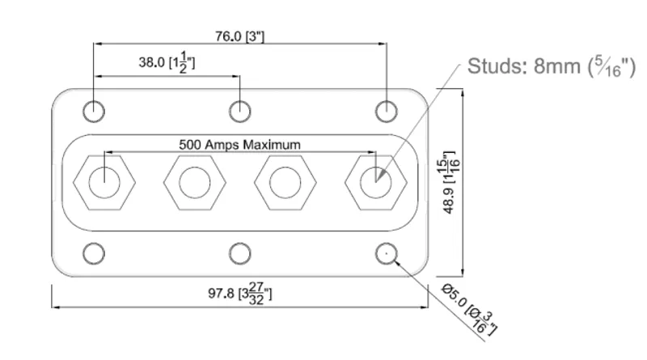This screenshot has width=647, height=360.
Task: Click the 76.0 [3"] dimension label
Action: pos(239,36)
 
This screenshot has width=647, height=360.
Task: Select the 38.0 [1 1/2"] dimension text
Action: pos(167,63)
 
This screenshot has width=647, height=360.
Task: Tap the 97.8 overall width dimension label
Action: pos(239,294)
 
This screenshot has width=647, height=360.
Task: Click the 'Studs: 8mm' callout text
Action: pos(552,66)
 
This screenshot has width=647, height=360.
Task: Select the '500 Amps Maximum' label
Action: pos(239,145)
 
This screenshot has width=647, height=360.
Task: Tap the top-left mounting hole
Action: pos(94,112)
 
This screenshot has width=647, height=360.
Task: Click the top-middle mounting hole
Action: pos(239,112)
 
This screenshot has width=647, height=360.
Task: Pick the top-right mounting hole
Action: pos(387,112)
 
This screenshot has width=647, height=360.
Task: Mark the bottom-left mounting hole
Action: pos(94,253)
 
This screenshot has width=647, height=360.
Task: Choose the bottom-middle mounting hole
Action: pos(239,253)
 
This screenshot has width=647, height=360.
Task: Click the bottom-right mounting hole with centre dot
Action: pos(387,253)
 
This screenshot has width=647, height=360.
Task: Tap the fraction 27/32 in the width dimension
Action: pos(256,294)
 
